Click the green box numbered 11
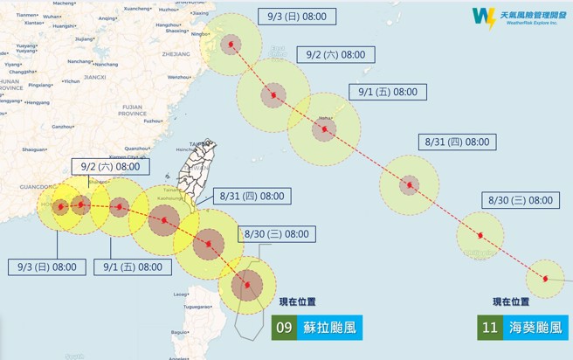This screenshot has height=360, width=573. click(489, 329)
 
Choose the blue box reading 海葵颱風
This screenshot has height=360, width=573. click(535, 329)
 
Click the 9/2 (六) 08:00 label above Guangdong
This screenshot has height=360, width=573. click(107, 166)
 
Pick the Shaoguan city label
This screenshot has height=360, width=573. click(35, 149)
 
